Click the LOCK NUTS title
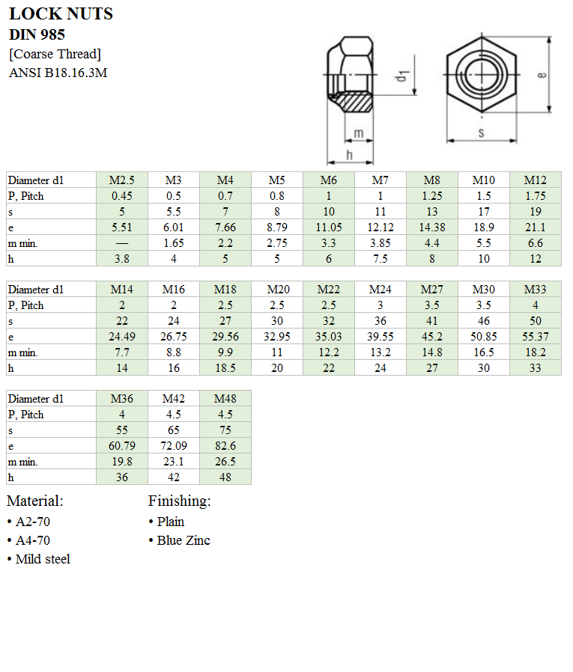click(61, 14)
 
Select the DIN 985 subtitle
click(37, 34)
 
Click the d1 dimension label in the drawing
click(402, 76)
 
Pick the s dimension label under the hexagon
click(481, 132)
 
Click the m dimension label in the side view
click(359, 133)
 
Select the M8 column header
click(432, 180)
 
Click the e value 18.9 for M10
click(484, 227)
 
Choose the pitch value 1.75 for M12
click(535, 196)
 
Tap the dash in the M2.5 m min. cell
click(122, 243)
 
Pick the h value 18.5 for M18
click(225, 368)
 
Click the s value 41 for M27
click(432, 321)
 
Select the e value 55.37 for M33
click(535, 337)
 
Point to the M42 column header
click(174, 399)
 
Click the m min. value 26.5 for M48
click(225, 462)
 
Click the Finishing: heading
click(180, 501)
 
